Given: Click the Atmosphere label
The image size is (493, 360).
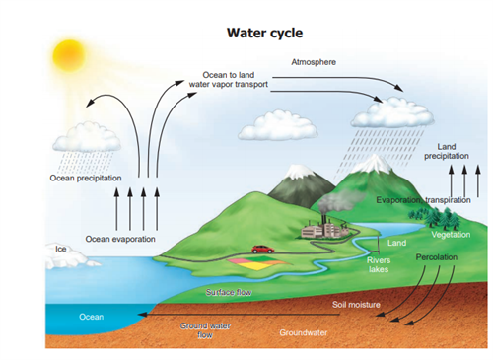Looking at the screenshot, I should (x=314, y=62).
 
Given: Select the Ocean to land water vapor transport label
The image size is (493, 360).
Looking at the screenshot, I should (x=228, y=79).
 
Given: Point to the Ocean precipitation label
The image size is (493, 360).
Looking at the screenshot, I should (x=86, y=179).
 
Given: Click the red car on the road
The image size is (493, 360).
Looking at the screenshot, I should (x=261, y=250).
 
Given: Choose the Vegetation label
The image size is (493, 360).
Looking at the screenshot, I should (x=451, y=235).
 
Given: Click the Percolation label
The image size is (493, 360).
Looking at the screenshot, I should (x=434, y=255).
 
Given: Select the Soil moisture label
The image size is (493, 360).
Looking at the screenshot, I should (x=357, y=306).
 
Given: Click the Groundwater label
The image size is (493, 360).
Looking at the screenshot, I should (x=303, y=333).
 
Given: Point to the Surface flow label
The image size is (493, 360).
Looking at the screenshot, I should (x=229, y=293).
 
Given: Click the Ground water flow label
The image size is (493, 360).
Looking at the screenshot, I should (x=205, y=329).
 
